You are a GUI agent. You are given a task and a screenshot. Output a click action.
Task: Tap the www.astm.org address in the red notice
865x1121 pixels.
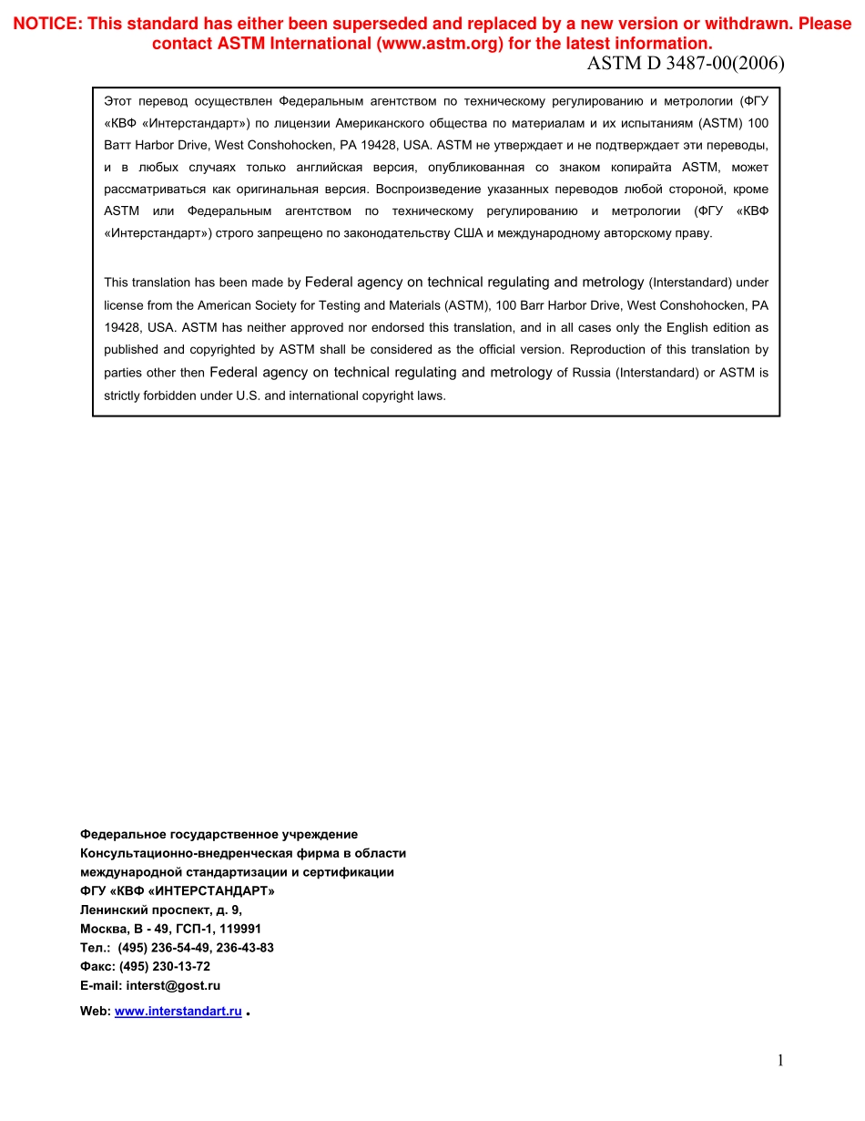point(439,44)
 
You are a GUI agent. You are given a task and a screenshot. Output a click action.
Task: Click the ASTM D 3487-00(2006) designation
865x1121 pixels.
point(686,64)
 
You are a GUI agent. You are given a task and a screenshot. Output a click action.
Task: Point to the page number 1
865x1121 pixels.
point(779,1059)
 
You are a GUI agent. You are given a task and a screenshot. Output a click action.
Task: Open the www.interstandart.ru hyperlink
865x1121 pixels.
point(178,1011)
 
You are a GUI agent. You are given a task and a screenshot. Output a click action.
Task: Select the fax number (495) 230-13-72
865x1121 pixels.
point(164,966)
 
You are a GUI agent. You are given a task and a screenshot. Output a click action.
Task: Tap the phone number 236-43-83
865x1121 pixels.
point(244,947)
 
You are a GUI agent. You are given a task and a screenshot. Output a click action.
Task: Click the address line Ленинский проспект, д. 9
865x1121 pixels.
point(161,910)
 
